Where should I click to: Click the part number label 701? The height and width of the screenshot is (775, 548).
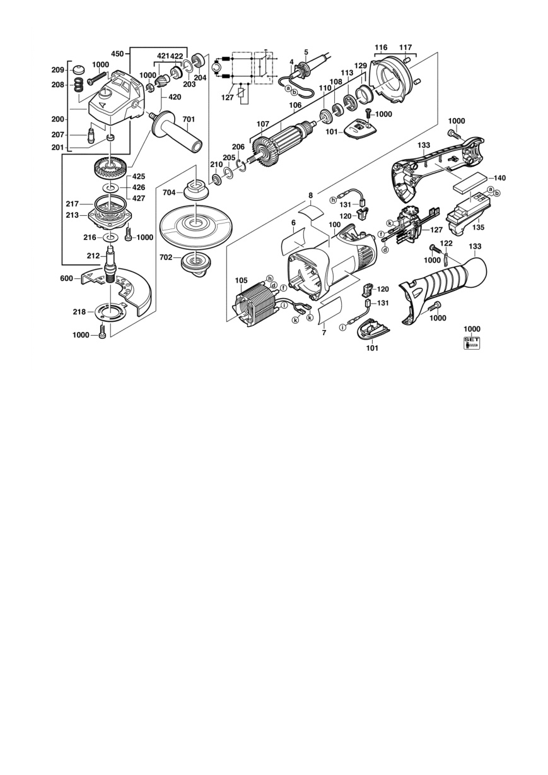coord(189,119)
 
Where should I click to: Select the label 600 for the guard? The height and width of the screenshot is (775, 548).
coord(66,278)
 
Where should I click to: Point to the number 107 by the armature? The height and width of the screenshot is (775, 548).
coord(263,124)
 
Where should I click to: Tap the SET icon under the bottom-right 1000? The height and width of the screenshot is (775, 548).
coord(472,342)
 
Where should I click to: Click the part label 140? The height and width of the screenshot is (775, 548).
coord(499,178)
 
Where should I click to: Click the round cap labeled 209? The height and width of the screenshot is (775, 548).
coord(80,69)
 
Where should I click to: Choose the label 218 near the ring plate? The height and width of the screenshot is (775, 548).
coord(79,312)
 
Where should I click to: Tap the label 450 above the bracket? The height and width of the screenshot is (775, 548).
coord(118,54)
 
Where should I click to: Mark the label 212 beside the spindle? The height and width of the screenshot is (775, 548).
coord(93,256)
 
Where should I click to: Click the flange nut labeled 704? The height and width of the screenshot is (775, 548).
coord(195,189)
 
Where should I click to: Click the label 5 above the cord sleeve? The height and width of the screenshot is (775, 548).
coord(306,52)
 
